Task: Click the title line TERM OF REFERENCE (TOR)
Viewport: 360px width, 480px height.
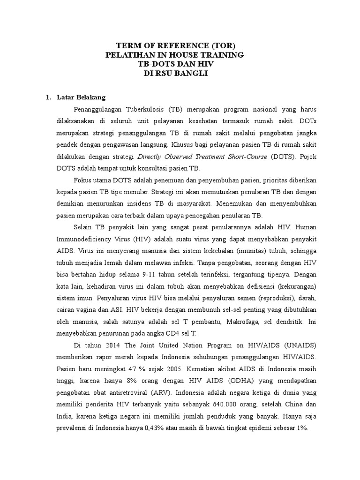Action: pos(180,45)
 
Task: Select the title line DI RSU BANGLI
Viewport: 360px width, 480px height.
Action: pos(180,74)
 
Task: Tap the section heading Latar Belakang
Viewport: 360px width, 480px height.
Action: pos(81,97)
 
